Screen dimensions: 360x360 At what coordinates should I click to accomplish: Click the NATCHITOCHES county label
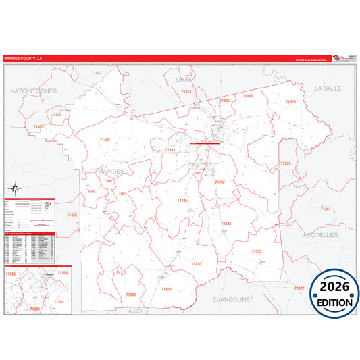33,90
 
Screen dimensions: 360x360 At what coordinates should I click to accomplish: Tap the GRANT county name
186,80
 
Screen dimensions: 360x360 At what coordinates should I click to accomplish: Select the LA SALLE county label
328,88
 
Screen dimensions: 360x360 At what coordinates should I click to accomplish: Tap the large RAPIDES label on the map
111,172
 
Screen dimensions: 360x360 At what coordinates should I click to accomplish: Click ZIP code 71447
96,72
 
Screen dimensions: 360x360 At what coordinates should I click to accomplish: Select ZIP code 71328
290,101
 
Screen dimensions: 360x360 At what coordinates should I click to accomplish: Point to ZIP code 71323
285,163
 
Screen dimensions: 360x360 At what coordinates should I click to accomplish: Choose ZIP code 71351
326,209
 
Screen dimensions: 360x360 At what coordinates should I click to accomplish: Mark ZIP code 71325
256,251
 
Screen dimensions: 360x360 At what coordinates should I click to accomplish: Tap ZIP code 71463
130,294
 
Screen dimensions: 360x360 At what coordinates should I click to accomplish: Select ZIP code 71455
38,126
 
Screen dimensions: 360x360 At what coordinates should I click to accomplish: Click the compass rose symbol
14,189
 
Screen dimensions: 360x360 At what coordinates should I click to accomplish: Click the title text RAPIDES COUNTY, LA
24,59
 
